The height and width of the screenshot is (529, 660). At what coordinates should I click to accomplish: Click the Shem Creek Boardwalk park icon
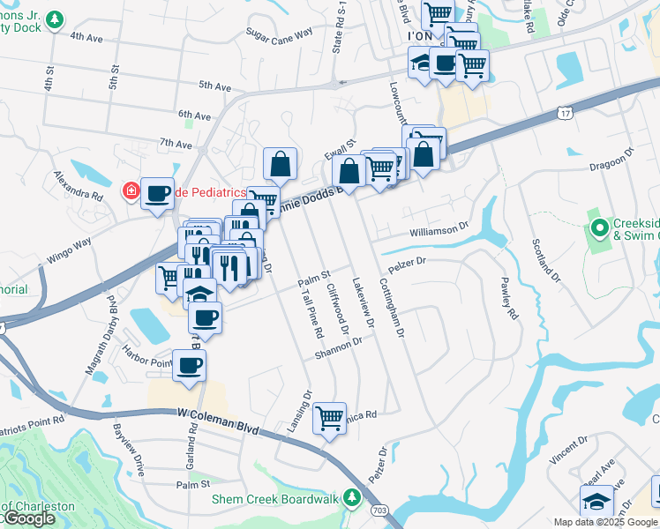pyautogui.click(x=352, y=498)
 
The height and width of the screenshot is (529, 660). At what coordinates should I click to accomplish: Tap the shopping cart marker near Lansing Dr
pyautogui.click(x=329, y=417)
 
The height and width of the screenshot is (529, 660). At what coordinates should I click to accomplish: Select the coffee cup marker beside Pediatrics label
pyautogui.click(x=158, y=194)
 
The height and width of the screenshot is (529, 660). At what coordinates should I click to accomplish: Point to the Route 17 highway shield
pyautogui.click(x=565, y=113)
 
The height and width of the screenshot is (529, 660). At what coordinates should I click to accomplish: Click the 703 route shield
pyautogui.click(x=379, y=510)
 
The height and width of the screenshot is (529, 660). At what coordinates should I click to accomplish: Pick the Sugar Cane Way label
pyautogui.click(x=280, y=34)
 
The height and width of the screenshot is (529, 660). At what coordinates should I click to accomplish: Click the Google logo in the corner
pyautogui.click(x=29, y=519)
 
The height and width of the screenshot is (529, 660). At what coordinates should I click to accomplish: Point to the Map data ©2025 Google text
pyautogui.click(x=605, y=522)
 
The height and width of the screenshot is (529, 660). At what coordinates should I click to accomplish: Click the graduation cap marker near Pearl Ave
pyautogui.click(x=597, y=501)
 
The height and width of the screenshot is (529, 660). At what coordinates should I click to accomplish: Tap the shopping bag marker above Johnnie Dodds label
pyautogui.click(x=280, y=163)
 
